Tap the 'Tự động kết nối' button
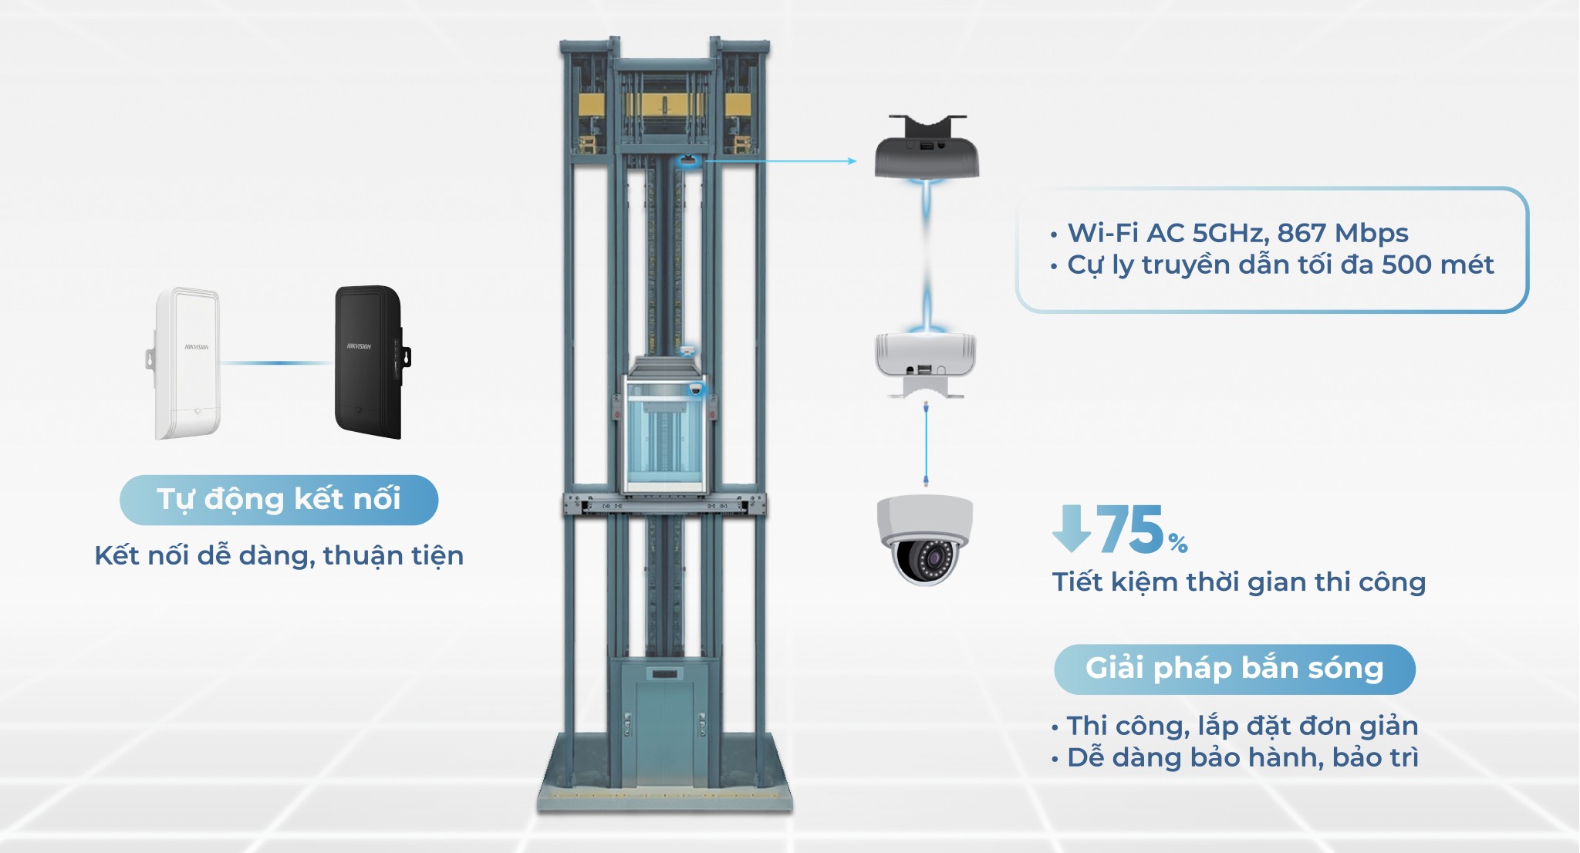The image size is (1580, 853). [279, 500]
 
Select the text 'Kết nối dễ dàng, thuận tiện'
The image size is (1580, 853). [279, 555]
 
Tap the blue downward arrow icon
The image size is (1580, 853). [1072, 528]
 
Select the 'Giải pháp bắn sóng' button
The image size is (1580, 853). [1234, 669]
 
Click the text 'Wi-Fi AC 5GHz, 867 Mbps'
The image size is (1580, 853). [1237, 233]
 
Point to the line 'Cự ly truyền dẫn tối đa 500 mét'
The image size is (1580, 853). [1281, 265]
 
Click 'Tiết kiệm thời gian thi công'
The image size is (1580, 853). [1239, 582]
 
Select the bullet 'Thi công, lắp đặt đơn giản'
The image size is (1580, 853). [1242, 726]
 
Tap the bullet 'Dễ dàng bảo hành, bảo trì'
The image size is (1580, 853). [1243, 757]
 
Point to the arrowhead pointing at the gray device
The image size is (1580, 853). [852, 161]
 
